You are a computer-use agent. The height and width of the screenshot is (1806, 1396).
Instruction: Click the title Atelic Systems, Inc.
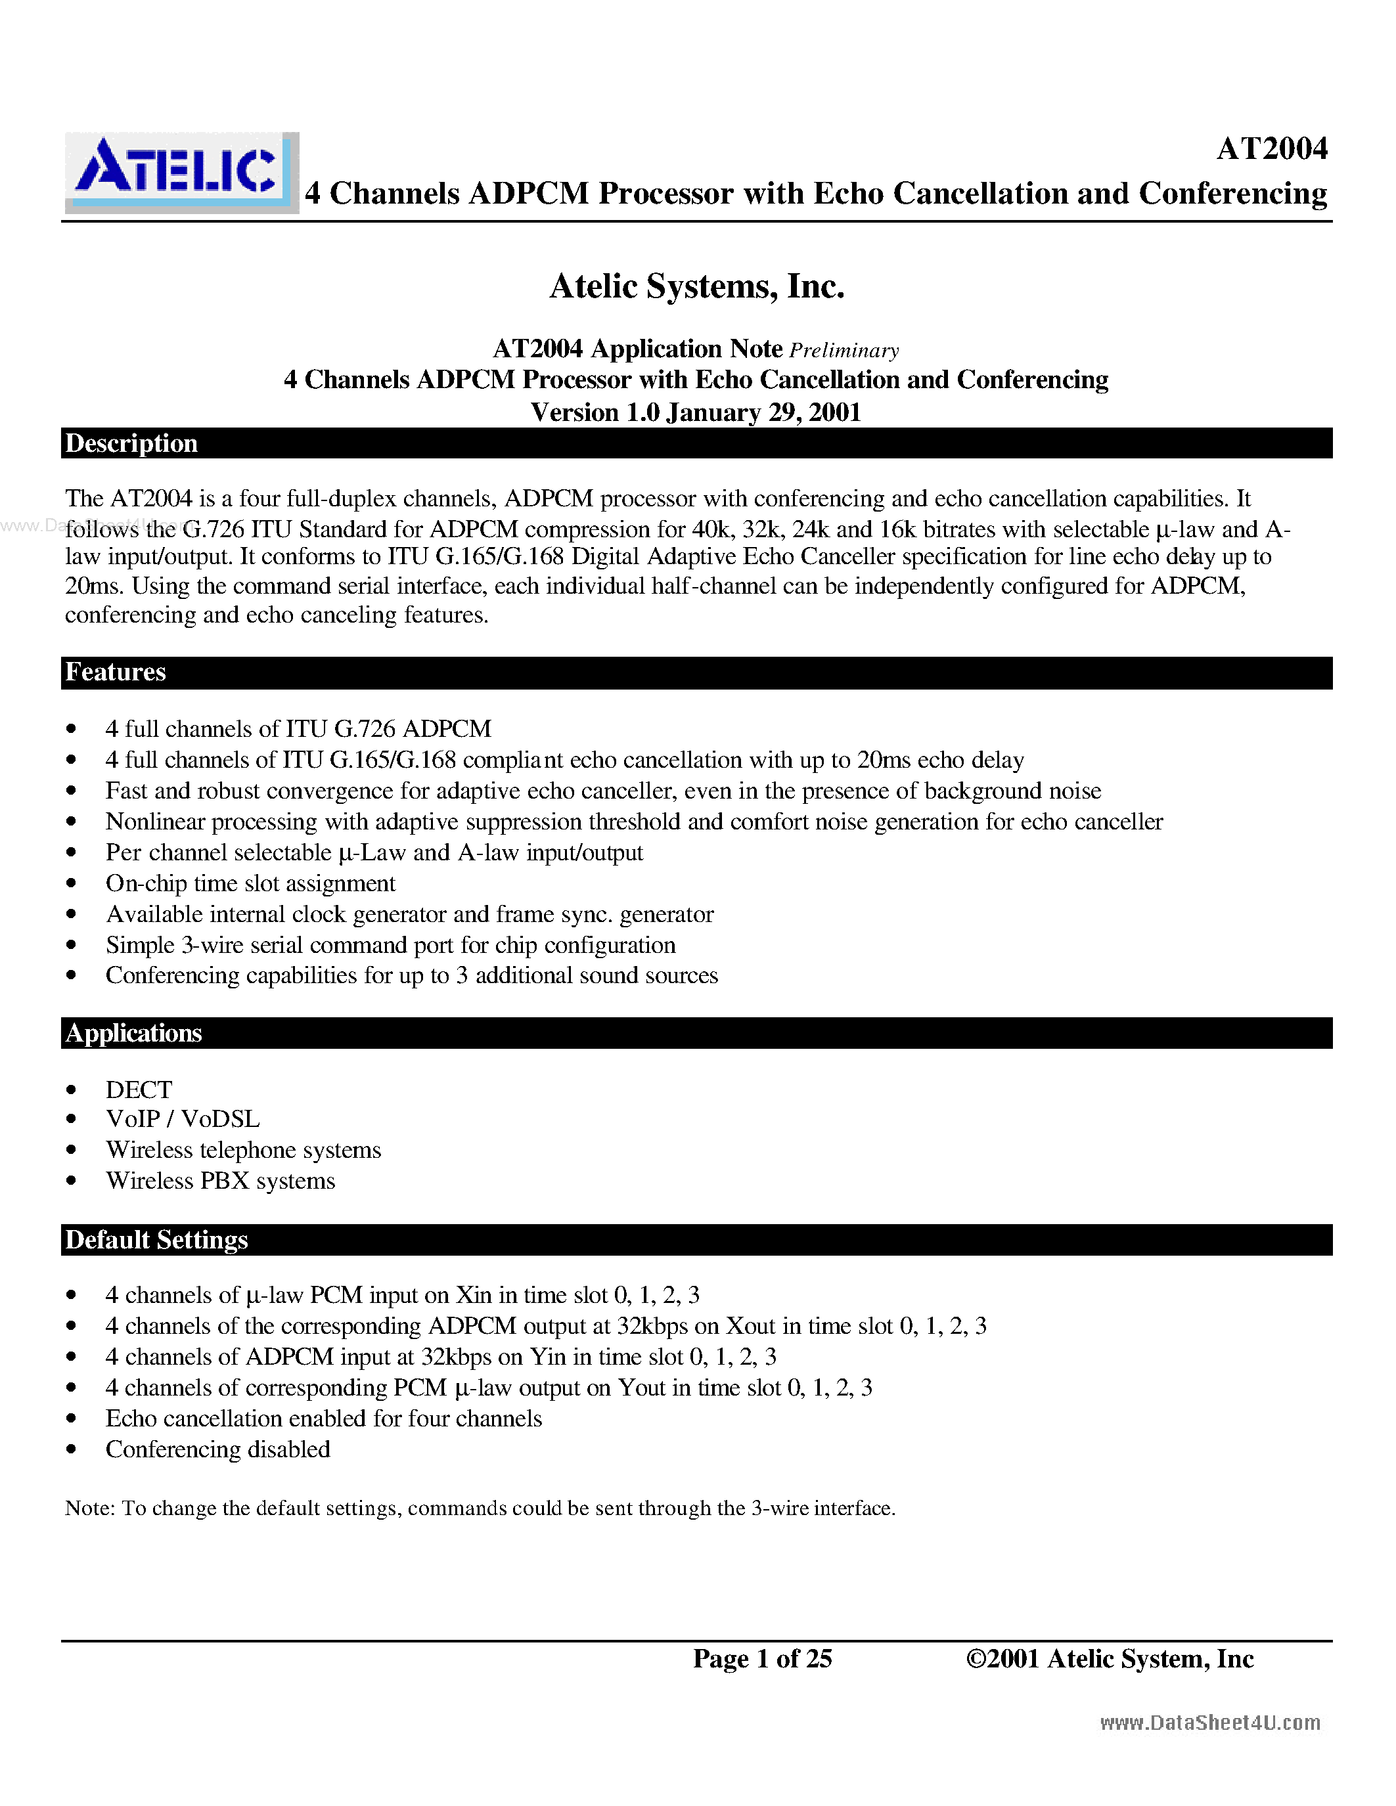[696, 287]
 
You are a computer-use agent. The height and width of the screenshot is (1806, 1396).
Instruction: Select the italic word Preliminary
[844, 351]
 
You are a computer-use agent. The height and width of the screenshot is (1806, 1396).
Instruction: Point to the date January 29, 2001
[763, 412]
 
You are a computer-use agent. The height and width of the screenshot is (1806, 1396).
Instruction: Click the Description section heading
[131, 443]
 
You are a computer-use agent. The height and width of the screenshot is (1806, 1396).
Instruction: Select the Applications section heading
[133, 1033]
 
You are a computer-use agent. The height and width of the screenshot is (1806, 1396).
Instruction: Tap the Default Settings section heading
[156, 1239]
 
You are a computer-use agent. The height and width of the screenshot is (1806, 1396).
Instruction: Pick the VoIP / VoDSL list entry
[183, 1119]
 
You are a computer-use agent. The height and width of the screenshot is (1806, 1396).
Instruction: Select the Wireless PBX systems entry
[220, 1181]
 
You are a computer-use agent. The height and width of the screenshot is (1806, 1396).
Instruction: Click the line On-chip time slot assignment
[250, 883]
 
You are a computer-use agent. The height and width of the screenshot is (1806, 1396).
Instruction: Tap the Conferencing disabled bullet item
[217, 1449]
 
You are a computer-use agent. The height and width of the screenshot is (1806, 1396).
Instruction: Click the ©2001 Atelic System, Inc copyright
[1109, 1658]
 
